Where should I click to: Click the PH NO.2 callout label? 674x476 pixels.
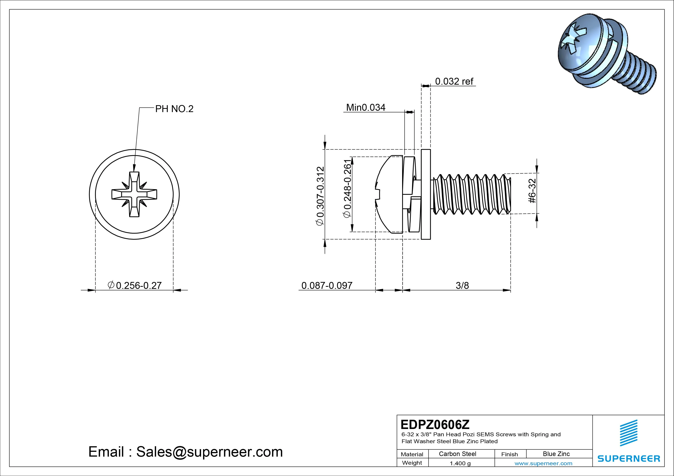(174, 109)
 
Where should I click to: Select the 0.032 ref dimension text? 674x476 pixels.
(454, 81)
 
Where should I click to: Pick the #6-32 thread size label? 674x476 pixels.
(532, 191)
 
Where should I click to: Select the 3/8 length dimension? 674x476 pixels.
(462, 285)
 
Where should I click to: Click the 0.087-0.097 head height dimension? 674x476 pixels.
(327, 285)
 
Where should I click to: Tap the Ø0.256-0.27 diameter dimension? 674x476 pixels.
(135, 285)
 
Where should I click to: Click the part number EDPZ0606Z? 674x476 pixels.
(435, 424)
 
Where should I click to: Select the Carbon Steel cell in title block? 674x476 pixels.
(457, 454)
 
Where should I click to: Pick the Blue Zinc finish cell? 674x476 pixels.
(556, 454)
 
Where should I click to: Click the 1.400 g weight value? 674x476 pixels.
(460, 463)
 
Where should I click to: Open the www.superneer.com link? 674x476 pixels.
(543, 463)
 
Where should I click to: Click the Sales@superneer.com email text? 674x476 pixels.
(209, 452)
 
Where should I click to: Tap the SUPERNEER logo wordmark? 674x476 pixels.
(629, 458)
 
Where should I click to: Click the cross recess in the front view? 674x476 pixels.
(134, 194)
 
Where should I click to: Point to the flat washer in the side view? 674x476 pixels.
(426, 194)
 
